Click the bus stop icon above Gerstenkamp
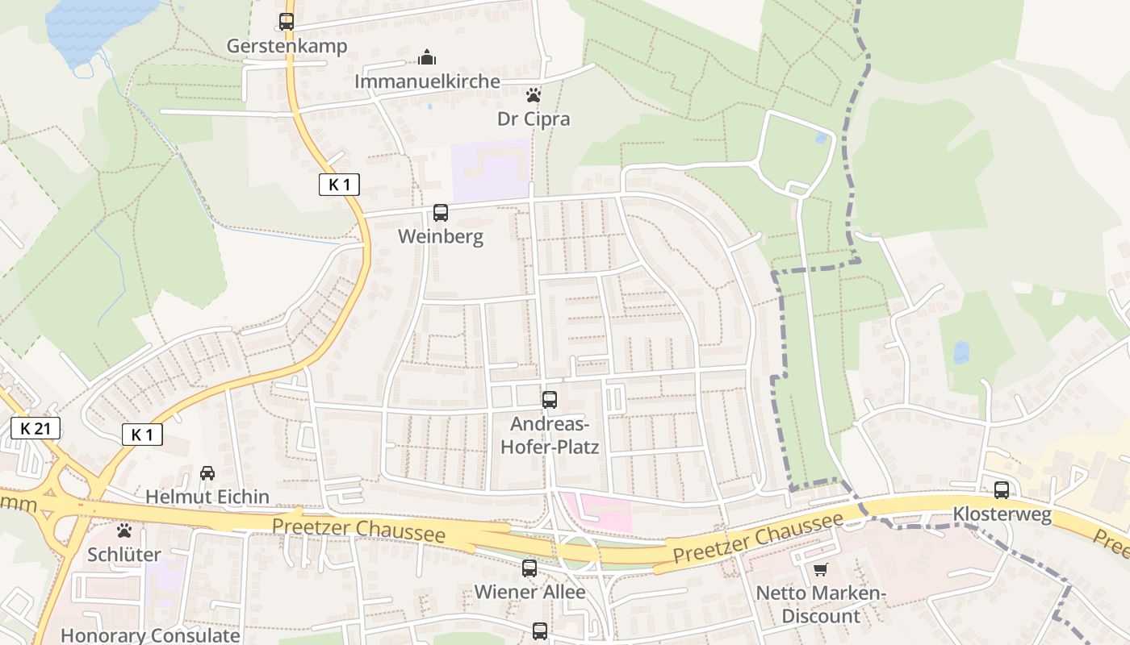coord(287,22)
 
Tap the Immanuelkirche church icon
coord(427,57)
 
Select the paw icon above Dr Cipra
coord(533,95)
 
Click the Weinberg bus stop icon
coord(441,213)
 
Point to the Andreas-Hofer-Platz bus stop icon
coord(550,399)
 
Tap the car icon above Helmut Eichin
coord(207,473)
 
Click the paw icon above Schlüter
coord(124,531)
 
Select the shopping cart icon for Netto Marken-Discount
coord(821,570)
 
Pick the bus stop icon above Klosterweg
coord(1002,489)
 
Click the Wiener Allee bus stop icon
coord(529,568)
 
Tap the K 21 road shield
coord(36,428)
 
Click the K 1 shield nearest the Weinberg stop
coord(339,185)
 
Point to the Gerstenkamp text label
coord(287,46)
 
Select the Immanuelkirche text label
coord(427,81)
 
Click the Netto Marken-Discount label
coord(821,605)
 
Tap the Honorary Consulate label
coord(150,635)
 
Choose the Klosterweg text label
coord(1002,514)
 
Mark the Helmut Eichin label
coord(207,497)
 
